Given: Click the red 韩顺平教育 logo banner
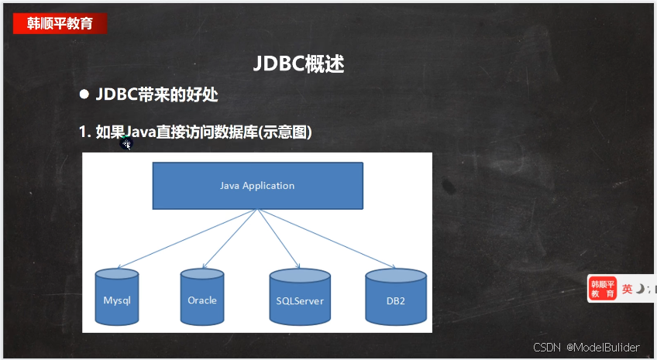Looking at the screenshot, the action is point(60,23).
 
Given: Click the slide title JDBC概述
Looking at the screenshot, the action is point(299,64).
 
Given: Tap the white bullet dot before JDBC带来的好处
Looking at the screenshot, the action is point(84,94).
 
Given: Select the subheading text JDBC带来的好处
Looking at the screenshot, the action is point(157,94).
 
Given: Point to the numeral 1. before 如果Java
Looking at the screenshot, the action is point(84,132).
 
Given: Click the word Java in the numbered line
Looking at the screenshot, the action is point(140,132).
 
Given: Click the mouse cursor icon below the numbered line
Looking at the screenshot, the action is point(126,145).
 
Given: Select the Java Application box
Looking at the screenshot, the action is point(258,186).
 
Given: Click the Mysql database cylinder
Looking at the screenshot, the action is point(117,297).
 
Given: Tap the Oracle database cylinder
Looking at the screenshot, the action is point(202,297).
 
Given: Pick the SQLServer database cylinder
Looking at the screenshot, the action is point(300,297).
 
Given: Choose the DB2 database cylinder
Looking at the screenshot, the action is point(396,297).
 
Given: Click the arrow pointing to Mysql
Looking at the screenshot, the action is point(187,238).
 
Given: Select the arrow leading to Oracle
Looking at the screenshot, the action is point(229,238).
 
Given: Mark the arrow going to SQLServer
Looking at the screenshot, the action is point(279,238).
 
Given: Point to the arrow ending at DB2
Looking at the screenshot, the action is point(327,238).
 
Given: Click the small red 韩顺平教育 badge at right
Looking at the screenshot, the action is point(603,289).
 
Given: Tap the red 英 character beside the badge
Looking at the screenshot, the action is point(627,289).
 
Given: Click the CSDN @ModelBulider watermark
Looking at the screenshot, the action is point(586,347).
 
